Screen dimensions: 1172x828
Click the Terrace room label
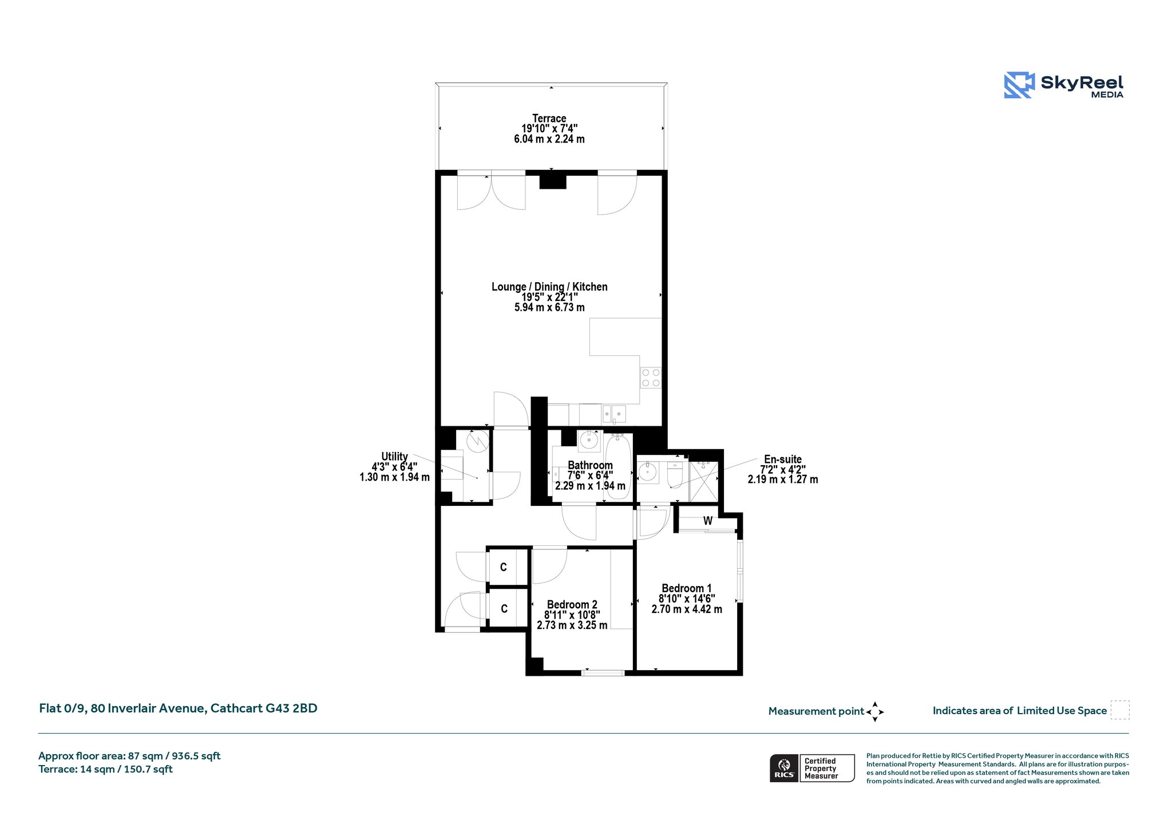tap(549, 118)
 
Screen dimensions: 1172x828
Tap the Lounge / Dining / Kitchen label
tap(549, 287)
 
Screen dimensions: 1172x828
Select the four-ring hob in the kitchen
tap(651, 378)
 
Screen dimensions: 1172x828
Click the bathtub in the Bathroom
tap(617, 466)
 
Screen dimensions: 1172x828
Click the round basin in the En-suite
tap(648, 472)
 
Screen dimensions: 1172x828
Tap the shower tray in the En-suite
tap(703, 481)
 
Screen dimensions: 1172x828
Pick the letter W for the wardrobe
tap(708, 521)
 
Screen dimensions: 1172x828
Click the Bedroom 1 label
tap(687, 588)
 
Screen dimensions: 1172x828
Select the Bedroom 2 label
tap(572, 604)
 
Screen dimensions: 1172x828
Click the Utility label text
tap(394, 456)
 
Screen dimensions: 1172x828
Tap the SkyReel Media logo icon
tap(1019, 85)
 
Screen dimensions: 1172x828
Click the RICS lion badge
tap(784, 768)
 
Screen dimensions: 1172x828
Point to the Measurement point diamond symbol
tap(875, 712)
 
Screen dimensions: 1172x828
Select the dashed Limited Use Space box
tap(1120, 710)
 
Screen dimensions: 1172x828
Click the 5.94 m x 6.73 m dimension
tap(549, 307)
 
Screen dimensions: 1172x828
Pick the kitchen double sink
tap(613, 413)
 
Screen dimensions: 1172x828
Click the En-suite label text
tap(783, 459)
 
